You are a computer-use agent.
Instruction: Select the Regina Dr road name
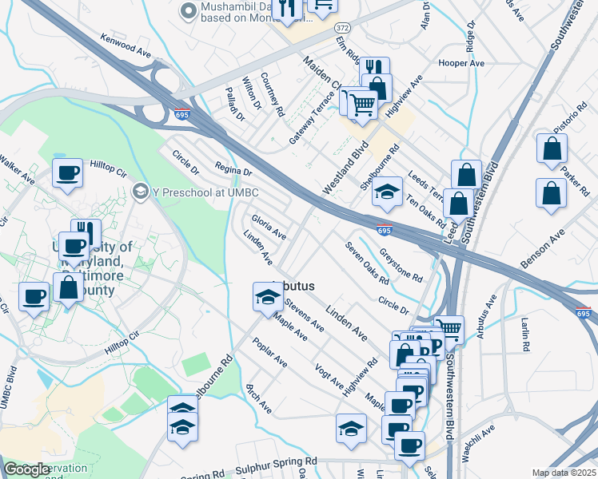(x=233, y=168)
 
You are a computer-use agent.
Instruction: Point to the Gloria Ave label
(x=269, y=226)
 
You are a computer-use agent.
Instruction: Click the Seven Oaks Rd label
(x=367, y=263)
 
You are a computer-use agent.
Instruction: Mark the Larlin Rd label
(x=525, y=335)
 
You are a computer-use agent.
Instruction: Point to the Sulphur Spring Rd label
(x=271, y=464)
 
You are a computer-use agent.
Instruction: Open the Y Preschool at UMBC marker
(x=142, y=191)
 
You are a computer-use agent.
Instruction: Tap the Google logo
(x=26, y=469)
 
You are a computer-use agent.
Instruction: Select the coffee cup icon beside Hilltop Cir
(x=67, y=172)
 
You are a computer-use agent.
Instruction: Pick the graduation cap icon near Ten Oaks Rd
(x=387, y=192)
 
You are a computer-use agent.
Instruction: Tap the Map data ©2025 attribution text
(x=564, y=473)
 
